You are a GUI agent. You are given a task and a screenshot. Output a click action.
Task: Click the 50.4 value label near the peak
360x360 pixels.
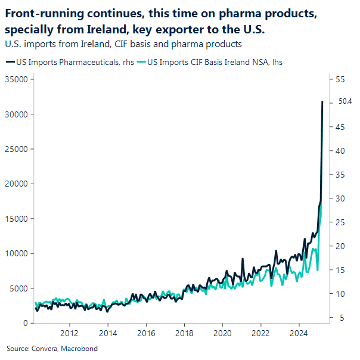pos(345,101)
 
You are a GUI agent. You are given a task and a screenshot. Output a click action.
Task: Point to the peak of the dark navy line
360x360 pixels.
pos(322,102)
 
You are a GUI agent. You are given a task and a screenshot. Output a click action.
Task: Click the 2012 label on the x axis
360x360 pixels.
pos(70,333)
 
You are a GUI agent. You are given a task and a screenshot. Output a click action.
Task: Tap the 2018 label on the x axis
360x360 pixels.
pos(184,333)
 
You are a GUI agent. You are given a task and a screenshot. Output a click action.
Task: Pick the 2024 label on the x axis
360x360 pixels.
pos(299,333)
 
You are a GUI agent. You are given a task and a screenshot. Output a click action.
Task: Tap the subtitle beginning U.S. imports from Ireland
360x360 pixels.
pos(122,44)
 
